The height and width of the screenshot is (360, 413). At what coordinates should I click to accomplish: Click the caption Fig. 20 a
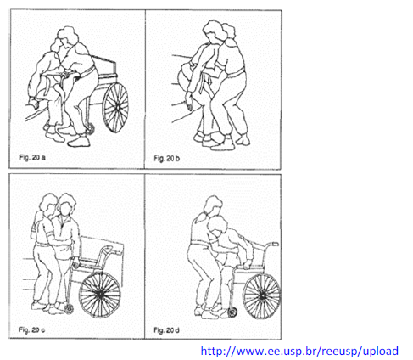[x=32, y=157]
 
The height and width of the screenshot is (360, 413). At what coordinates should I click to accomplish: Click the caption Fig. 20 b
[x=166, y=158]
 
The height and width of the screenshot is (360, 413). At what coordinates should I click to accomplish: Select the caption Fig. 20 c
[x=31, y=329]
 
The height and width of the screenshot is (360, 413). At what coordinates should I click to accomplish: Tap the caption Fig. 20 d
[x=166, y=330]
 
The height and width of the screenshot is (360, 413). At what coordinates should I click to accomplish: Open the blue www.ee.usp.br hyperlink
[x=299, y=351]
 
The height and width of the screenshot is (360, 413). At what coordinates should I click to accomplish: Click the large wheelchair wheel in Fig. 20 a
[x=115, y=107]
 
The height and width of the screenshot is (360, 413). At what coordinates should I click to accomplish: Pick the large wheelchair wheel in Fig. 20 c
[x=100, y=295]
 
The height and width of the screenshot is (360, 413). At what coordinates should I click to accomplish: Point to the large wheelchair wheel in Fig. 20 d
[x=262, y=296]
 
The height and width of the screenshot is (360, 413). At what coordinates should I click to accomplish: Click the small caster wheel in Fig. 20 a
[x=90, y=129]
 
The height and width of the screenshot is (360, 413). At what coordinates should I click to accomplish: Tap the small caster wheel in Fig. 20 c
[x=69, y=309]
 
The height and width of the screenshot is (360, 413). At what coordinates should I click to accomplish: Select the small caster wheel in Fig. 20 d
[x=232, y=312]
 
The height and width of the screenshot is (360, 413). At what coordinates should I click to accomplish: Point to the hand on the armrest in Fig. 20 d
[x=247, y=264]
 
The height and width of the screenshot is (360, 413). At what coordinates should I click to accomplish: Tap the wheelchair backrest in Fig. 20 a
[x=103, y=67]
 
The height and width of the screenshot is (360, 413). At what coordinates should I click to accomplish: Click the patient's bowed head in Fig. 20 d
[x=217, y=227]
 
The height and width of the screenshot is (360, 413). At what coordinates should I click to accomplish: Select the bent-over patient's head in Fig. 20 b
[x=184, y=74]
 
